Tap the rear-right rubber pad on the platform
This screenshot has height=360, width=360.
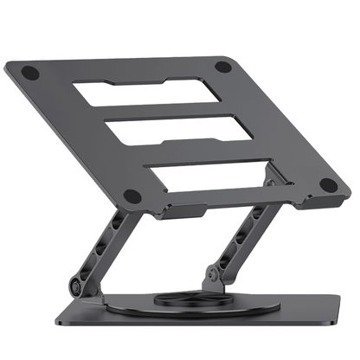(223, 66)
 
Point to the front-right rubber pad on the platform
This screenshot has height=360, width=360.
(328, 184)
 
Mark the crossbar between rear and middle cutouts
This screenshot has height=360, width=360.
(164, 110)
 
